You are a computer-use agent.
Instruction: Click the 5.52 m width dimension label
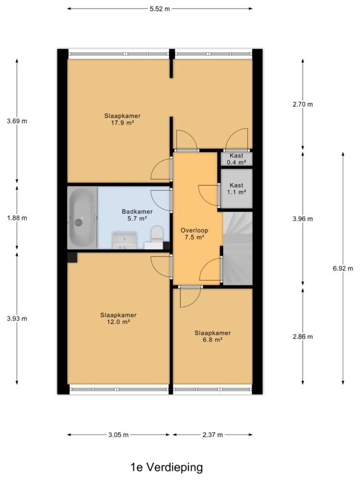tap(159, 8)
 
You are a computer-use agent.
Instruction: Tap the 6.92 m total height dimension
tap(343, 269)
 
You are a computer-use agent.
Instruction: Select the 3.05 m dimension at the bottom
tap(119, 435)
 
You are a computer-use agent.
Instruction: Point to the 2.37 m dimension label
tap(212, 435)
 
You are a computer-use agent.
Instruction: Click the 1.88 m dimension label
tap(17, 218)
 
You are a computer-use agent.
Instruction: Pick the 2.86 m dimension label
tap(303, 337)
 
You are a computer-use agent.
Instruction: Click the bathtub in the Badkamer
tap(82, 218)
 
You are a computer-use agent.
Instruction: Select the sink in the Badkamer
tap(124, 240)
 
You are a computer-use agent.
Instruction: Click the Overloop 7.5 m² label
tap(195, 234)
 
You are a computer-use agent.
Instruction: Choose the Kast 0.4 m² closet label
tap(236, 159)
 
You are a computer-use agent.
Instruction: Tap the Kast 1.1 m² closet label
tap(236, 188)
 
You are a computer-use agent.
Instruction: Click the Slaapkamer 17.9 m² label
tap(122, 120)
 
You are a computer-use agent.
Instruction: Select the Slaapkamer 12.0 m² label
tap(119, 318)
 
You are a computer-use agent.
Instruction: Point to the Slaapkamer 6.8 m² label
tap(213, 336)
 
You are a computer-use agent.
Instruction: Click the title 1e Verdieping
tap(167, 467)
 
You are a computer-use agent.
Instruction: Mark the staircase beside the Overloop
tap(238, 248)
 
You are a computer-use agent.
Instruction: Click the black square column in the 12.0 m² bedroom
tap(72, 257)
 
